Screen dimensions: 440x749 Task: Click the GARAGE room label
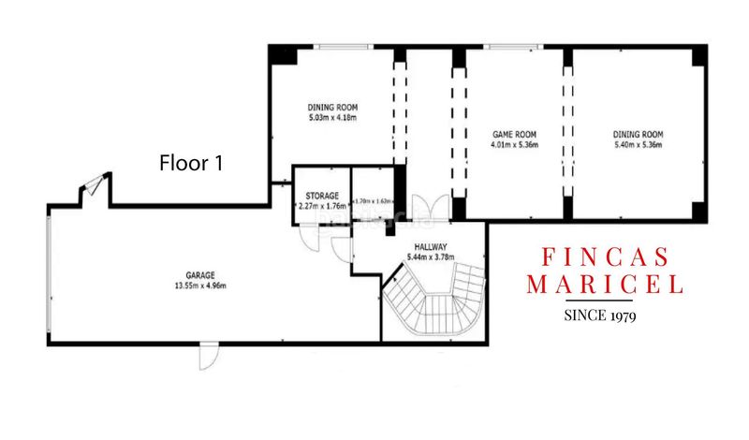pyautogui.click(x=200, y=275)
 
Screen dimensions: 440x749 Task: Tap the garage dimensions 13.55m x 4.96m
pyautogui.click(x=200, y=286)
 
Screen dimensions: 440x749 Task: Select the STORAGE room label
pyautogui.click(x=321, y=195)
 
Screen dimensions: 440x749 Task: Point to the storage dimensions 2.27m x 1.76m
pyautogui.click(x=321, y=205)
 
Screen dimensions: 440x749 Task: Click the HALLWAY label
pyautogui.click(x=433, y=246)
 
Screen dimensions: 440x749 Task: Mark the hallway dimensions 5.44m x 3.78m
pyautogui.click(x=433, y=257)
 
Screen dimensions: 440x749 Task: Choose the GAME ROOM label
pyautogui.click(x=514, y=134)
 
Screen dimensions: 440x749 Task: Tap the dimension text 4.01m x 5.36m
pyautogui.click(x=514, y=144)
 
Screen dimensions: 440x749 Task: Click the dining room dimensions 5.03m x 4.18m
pyautogui.click(x=332, y=119)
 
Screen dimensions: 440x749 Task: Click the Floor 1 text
pyautogui.click(x=191, y=163)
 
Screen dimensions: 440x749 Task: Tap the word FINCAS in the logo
pyautogui.click(x=607, y=257)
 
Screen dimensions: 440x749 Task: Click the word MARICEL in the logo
pyautogui.click(x=605, y=284)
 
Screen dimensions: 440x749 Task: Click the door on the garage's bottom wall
pyautogui.click(x=208, y=357)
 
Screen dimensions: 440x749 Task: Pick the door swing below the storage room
pyautogui.click(x=310, y=238)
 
